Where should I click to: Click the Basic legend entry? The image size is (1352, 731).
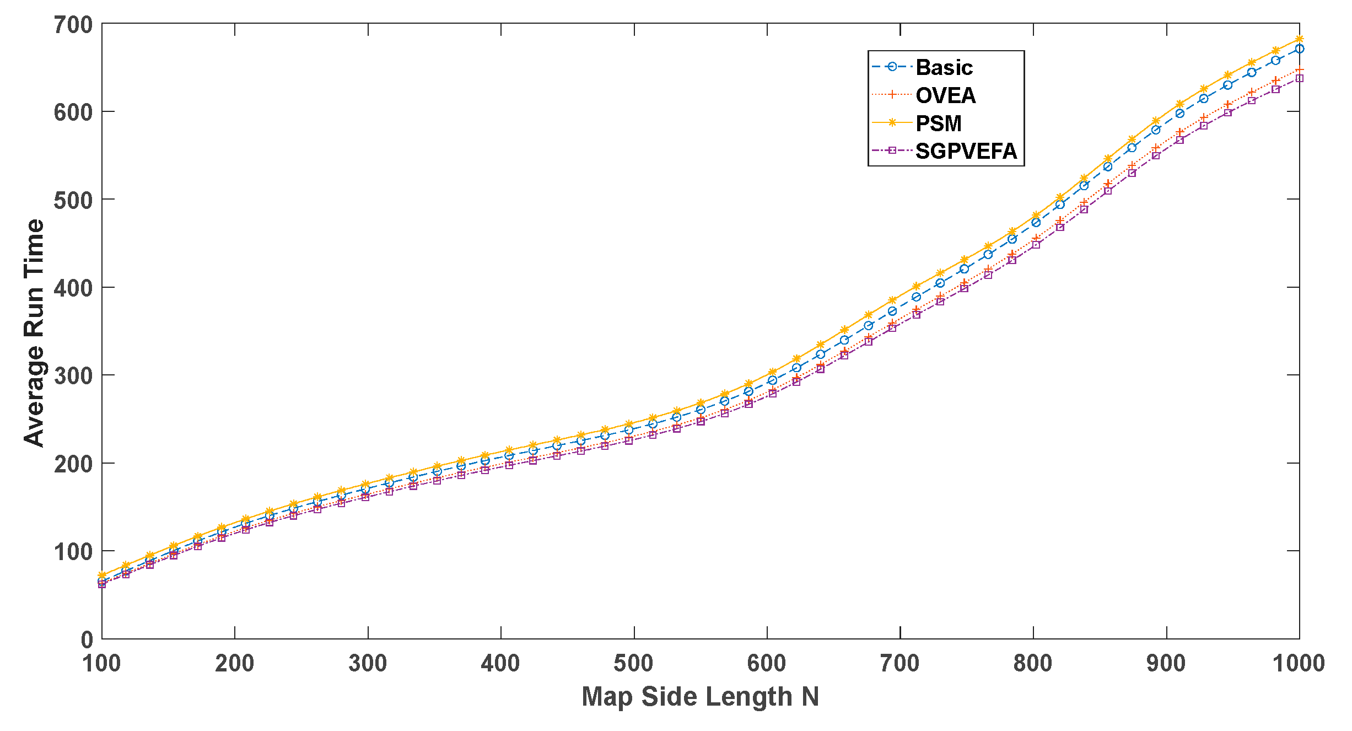944,67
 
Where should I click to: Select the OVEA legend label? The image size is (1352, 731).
945,95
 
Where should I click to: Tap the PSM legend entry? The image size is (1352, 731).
938,123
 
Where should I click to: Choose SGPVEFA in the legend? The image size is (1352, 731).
966,151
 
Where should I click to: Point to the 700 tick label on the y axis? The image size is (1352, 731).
73,25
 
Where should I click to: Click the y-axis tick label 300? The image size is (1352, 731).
73,376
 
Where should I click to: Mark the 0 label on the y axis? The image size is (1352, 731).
87,640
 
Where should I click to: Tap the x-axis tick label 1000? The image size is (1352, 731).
1299,663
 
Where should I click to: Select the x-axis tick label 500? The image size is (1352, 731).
634,663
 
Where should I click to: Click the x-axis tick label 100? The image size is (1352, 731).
102,663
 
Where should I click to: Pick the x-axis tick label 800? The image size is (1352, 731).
1033,663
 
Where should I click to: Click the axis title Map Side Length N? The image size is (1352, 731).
700,697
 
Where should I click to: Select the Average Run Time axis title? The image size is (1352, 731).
34,332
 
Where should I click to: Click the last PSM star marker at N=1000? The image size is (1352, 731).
1299,39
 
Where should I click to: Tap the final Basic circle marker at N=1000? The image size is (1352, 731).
1299,49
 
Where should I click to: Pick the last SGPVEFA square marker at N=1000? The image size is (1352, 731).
1299,78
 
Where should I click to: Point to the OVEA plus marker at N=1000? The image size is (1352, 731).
1299,69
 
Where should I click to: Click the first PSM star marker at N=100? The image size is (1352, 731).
102,575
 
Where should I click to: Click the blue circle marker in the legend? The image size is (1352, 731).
892,67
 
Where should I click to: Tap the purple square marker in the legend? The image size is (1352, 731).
892,150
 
